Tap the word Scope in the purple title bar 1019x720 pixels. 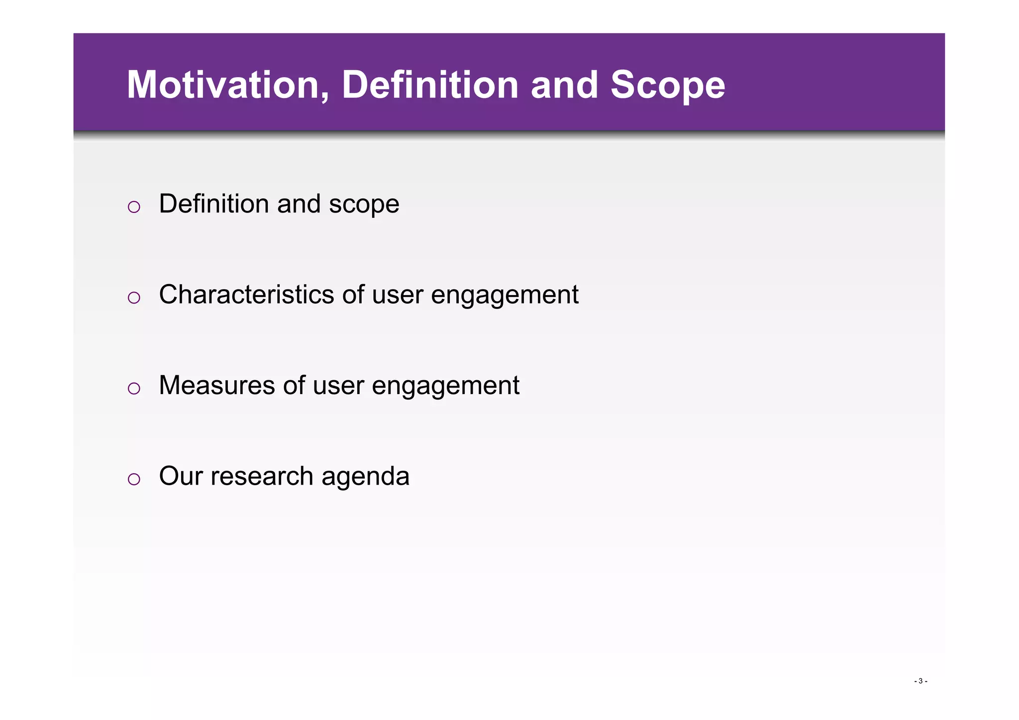[667, 85]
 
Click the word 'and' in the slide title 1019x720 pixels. [564, 85]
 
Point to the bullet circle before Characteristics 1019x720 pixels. [134, 298]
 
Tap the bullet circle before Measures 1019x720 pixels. [134, 388]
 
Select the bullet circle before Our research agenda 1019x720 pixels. [134, 479]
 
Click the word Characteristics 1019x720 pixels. [246, 295]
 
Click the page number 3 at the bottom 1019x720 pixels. [920, 681]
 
